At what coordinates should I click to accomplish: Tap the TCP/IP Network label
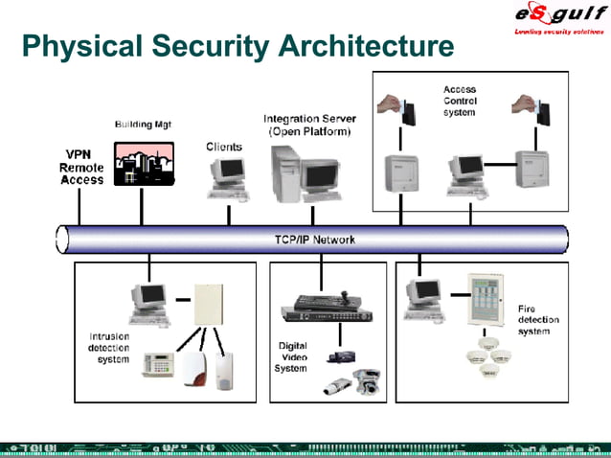pos(308,240)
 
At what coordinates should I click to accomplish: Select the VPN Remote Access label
pos(82,167)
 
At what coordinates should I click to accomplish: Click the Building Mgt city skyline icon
pos(143,163)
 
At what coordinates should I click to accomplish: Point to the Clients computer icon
pos(227,178)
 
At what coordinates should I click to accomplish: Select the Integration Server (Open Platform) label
pos(307,125)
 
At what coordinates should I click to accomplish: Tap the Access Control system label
pos(460,101)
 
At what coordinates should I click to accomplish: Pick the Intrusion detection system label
pos(108,347)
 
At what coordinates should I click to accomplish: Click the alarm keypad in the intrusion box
pos(157,365)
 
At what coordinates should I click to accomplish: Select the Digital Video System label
pos(293,356)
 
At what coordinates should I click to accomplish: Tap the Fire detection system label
pos(539,320)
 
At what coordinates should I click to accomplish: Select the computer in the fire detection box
pos(423,296)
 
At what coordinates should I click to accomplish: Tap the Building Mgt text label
pos(143,125)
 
